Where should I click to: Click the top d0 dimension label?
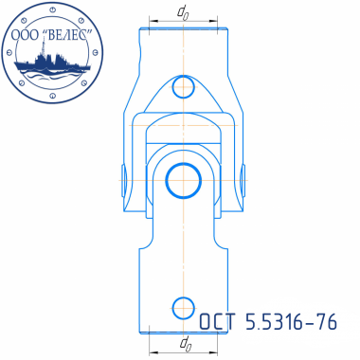coord(183,13)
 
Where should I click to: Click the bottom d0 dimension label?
coord(186,343)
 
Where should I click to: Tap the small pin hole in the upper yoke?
coord(184,87)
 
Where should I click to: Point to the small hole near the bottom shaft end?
coord(184,308)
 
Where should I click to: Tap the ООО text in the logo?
coord(26,35)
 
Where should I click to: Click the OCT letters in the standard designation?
coord(218,322)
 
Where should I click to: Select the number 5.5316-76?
coord(291,322)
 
